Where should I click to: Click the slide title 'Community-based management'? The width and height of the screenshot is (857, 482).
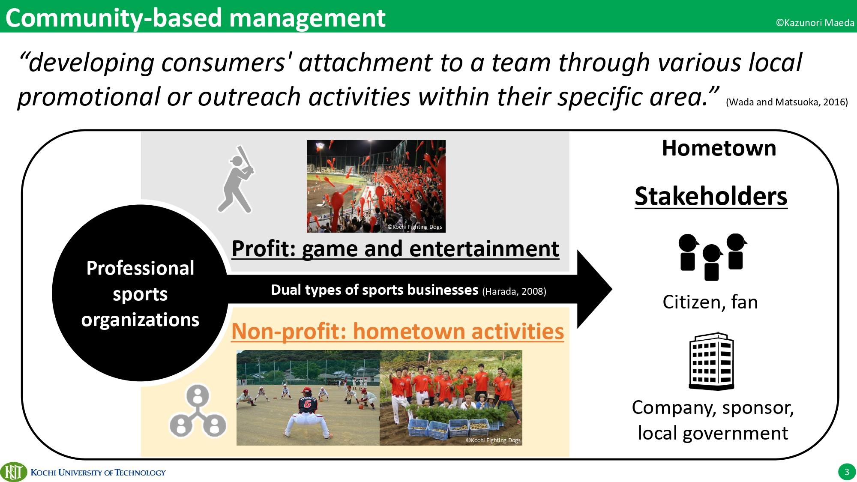195,18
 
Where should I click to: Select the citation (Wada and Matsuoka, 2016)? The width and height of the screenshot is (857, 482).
787,102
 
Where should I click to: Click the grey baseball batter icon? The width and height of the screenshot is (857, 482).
236,179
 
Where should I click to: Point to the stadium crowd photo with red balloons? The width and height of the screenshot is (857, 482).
376,186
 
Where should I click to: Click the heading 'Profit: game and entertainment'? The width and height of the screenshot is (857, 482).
396,249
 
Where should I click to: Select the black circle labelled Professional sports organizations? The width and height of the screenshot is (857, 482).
140,293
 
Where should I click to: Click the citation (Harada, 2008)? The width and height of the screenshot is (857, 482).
514,292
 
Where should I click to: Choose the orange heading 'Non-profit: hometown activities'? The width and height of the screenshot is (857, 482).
398,331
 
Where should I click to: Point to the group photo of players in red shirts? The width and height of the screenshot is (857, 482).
451,398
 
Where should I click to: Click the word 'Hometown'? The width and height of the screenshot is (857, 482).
719,148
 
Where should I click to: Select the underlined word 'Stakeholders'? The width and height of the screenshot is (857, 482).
711,197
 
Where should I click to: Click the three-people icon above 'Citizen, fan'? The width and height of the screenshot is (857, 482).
712,257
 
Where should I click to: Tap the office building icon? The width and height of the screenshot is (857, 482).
711,361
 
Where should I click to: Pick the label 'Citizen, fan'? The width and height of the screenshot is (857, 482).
710,302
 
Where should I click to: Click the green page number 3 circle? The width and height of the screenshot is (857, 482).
846,472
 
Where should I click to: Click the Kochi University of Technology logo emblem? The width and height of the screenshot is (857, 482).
14,472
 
